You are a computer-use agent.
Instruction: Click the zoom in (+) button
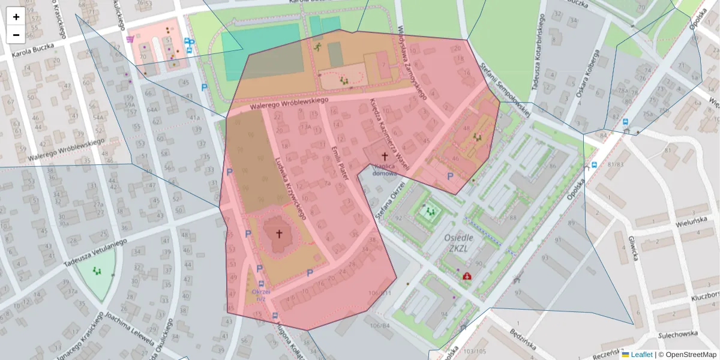[x=16, y=17]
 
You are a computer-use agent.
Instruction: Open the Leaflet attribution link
[x=641, y=355]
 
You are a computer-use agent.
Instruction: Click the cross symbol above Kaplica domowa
[x=385, y=156]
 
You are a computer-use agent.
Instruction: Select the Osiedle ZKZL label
[x=460, y=242]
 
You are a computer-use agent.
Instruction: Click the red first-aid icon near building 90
[x=467, y=276]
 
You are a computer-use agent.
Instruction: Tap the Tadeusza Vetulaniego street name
[x=96, y=252]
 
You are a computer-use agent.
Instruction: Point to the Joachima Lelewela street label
[x=128, y=329]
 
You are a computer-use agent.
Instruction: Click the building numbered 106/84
[x=379, y=326]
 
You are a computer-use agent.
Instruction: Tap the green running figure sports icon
[x=317, y=47]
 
